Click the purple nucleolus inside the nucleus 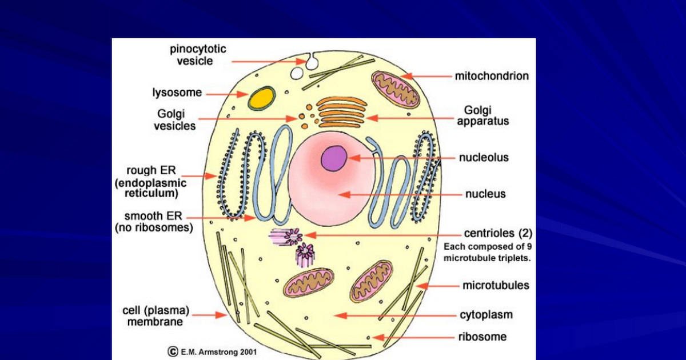334,158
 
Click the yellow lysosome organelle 262,98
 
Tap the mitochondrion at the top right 396,90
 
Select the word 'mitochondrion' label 492,76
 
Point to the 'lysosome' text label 177,93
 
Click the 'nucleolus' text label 484,157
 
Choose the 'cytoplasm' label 486,315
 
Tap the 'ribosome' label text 482,337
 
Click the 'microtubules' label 496,285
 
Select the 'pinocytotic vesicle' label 198,55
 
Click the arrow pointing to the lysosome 226,94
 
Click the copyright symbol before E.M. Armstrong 173,351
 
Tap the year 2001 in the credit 248,352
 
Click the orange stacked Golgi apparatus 342,113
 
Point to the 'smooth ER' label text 153,216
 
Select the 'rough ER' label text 151,170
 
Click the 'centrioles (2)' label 498,233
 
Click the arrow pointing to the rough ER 200,176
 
